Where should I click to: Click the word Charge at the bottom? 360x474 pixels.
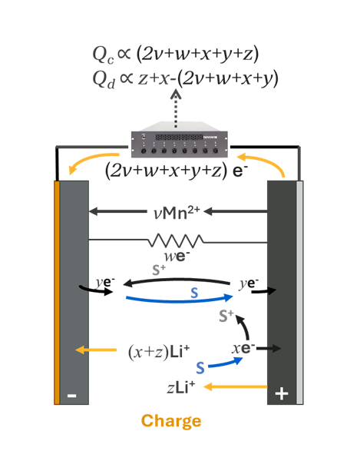[171, 421]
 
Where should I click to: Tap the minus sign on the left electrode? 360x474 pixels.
[71, 395]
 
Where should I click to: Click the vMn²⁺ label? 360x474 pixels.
[177, 209]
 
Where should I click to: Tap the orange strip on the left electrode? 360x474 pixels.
[56, 292]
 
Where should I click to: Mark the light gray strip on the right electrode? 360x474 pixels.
[300, 292]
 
